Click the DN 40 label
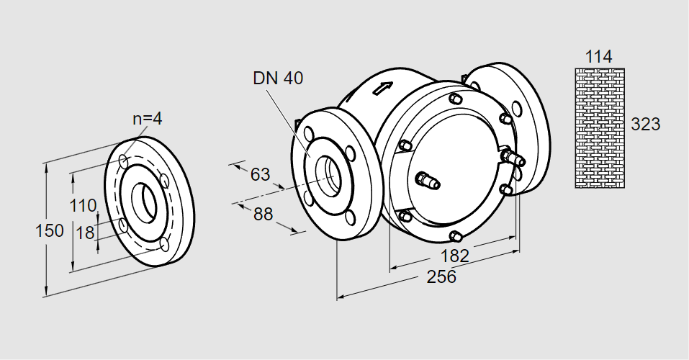point(278,78)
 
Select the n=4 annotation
point(147,119)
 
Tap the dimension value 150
point(50,231)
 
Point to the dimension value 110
point(83,205)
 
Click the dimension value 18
point(85,232)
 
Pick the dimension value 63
point(260,174)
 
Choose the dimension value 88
point(264,214)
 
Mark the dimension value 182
point(454,256)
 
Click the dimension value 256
point(441,276)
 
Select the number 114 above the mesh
point(598,57)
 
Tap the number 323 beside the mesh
point(645,125)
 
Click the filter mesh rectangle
point(598,128)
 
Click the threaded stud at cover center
point(428,181)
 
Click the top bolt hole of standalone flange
point(125,159)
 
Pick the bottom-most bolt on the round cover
point(455,235)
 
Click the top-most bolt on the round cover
point(454,99)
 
